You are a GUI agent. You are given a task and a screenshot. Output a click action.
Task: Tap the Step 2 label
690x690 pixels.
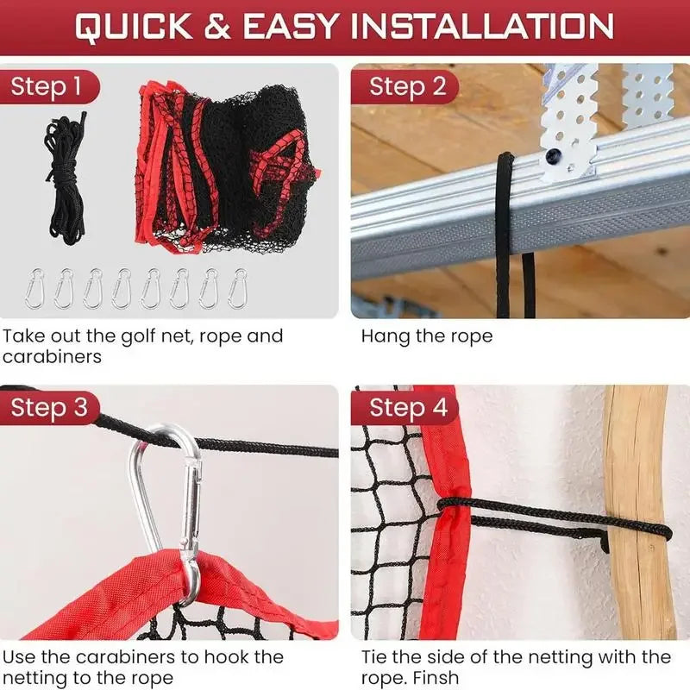click(408, 86)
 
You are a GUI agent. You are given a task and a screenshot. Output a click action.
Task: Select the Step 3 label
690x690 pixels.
click(49, 408)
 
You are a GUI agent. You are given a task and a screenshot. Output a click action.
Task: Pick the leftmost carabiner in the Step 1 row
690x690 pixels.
click(37, 289)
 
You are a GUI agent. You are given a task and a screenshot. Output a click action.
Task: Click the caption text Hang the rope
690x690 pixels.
click(426, 336)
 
